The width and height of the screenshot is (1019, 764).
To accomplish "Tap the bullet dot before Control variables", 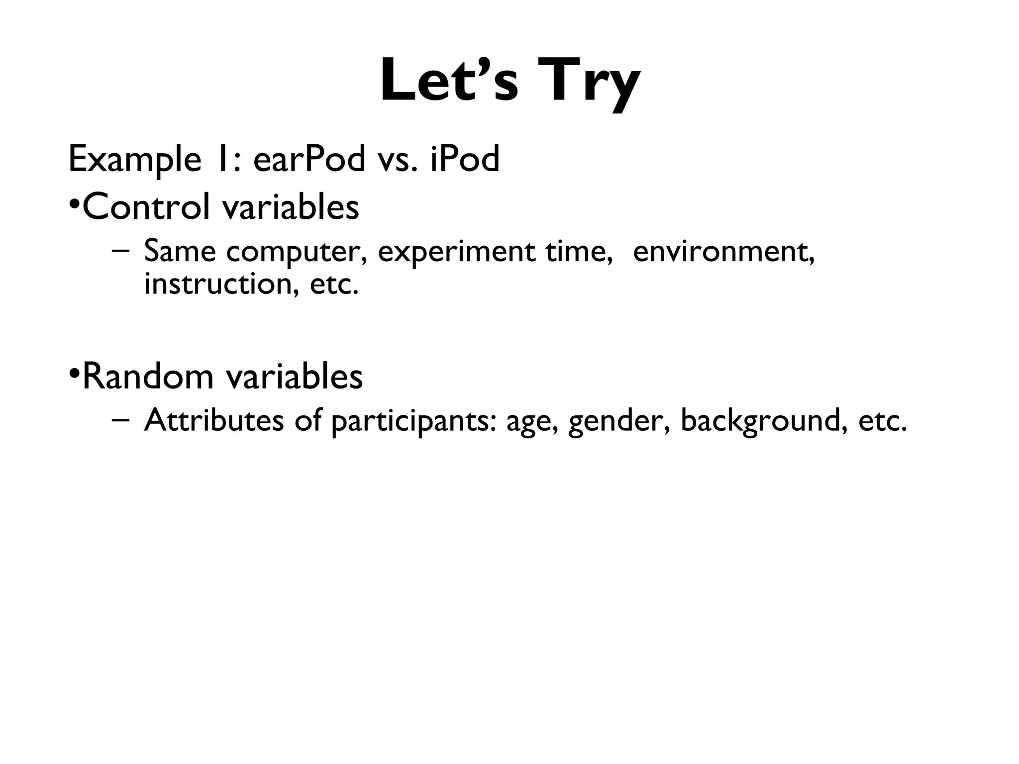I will coord(74,204).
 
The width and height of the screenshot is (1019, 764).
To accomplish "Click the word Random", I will coord(148,377).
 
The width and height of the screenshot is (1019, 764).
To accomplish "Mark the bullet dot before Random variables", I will coord(74,373).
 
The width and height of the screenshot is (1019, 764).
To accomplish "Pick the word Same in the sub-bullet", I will coord(180,251).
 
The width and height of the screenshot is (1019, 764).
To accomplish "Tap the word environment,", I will coord(723,252).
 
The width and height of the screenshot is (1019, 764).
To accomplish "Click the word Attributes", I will coord(213,420).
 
